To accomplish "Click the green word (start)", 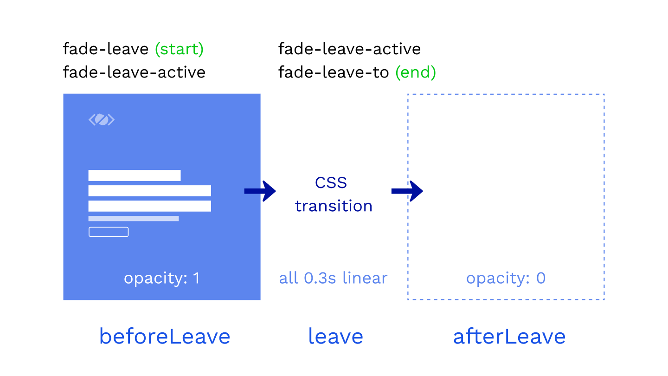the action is pyautogui.click(x=179, y=49).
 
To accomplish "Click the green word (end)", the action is pyautogui.click(x=416, y=72).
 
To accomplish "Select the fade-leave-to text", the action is pyautogui.click(x=334, y=72).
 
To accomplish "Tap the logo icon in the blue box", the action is pyautogui.click(x=102, y=119).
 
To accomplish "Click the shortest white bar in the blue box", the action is pyautogui.click(x=135, y=175).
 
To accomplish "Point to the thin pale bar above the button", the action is pyautogui.click(x=134, y=219).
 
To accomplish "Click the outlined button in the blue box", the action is pyautogui.click(x=109, y=232).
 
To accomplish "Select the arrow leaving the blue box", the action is pyautogui.click(x=260, y=191).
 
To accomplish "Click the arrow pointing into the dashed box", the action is pyautogui.click(x=407, y=191).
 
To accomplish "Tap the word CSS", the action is pyautogui.click(x=331, y=182).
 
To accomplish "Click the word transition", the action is pyautogui.click(x=334, y=206).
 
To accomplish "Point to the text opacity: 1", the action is pyautogui.click(x=162, y=278).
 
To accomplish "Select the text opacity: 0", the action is pyautogui.click(x=506, y=278).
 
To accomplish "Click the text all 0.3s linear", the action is pyautogui.click(x=333, y=278).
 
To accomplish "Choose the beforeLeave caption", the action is pyautogui.click(x=165, y=336).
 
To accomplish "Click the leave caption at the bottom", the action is pyautogui.click(x=335, y=336).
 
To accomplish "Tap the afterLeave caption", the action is pyautogui.click(x=509, y=336).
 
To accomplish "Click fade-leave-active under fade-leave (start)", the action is pyautogui.click(x=134, y=72).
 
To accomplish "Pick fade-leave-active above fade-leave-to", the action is pyautogui.click(x=349, y=49).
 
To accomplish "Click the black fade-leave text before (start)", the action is pyautogui.click(x=106, y=49).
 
